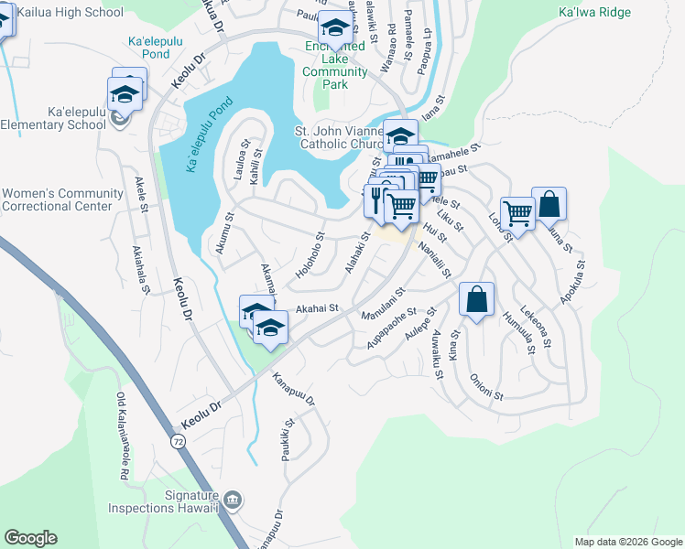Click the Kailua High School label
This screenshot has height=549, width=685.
point(62,13)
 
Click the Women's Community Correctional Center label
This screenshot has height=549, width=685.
point(62,199)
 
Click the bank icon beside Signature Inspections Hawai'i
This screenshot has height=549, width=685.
point(233,500)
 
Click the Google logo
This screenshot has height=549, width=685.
point(30,538)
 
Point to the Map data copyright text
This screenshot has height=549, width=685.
point(627,542)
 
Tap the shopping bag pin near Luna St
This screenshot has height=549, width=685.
point(549,205)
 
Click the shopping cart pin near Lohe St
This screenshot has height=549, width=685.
point(517,215)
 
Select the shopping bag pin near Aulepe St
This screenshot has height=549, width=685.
point(476,299)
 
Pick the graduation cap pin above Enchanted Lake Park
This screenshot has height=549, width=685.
point(336,29)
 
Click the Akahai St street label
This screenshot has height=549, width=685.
point(317,309)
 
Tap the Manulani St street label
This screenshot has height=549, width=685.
point(383,306)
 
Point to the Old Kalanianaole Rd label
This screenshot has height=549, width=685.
point(122,437)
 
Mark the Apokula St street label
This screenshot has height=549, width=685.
point(578,284)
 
